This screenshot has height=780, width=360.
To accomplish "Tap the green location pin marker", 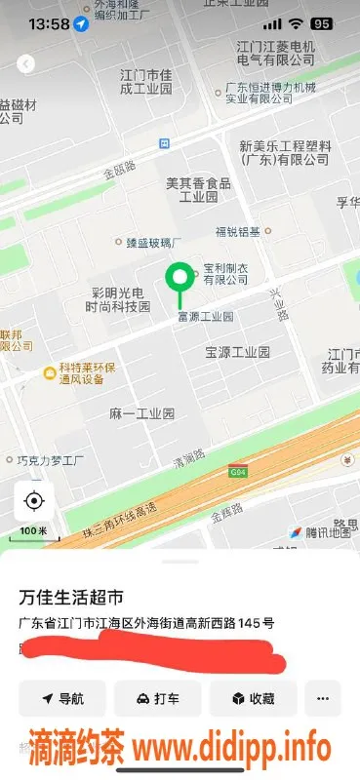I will (x=178, y=278).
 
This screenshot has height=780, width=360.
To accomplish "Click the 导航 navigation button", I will (x=62, y=699).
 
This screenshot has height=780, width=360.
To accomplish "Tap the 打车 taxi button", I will (x=158, y=699).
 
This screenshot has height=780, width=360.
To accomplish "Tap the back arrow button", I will (x=26, y=63).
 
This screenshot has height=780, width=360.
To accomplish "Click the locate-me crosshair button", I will (x=34, y=502).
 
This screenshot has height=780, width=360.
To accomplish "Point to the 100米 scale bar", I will (x=33, y=532).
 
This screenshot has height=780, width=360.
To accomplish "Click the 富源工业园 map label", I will (x=205, y=317).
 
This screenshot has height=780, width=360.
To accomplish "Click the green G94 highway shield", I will (x=237, y=472).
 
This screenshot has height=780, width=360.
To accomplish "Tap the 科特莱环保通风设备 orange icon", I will (x=48, y=372).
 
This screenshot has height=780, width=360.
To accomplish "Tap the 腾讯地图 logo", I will (x=320, y=532).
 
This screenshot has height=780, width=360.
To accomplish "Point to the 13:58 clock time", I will (x=49, y=22).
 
